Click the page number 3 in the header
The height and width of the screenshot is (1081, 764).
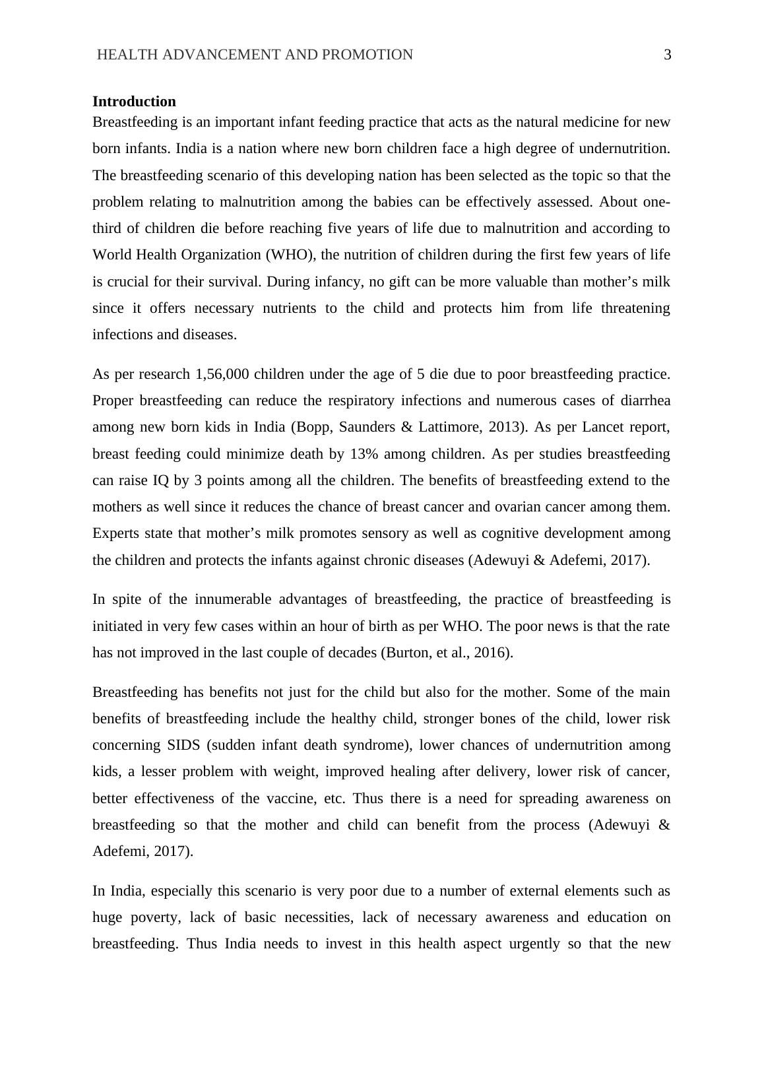tap(667, 55)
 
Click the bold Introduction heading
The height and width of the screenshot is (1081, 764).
tap(134, 102)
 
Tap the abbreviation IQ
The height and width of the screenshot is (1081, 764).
tap(161, 480)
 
